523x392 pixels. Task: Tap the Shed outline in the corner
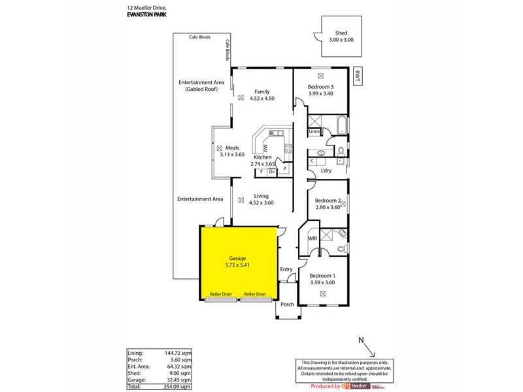tap(340, 39)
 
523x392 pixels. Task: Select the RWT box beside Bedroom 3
tap(357, 74)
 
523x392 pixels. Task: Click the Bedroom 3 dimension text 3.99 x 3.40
tap(321, 93)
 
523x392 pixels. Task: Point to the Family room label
tap(262, 91)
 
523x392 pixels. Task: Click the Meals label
tap(235, 148)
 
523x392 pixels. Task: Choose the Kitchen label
tap(262, 157)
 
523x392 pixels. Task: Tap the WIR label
tap(312, 238)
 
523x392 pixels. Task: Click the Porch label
tap(287, 304)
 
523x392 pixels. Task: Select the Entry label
tap(286, 269)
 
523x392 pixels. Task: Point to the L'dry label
tap(326, 171)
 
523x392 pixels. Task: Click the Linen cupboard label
tap(314, 132)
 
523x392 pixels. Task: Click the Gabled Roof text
tap(201, 89)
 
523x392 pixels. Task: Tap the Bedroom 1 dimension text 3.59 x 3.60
tap(322, 282)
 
